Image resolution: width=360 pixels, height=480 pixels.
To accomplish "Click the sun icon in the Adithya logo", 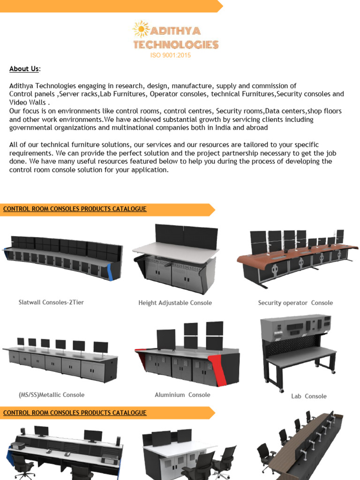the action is [x=141, y=29].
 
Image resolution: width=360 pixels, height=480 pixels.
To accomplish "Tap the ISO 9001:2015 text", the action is [x=170, y=55].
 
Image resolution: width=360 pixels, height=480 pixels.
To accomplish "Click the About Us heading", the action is [x=24, y=69].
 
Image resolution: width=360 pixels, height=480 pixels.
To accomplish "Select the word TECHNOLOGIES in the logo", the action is [x=176, y=45].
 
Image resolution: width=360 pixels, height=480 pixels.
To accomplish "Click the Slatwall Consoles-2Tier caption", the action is [x=51, y=302].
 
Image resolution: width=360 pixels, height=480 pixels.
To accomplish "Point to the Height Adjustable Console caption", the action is [x=175, y=303].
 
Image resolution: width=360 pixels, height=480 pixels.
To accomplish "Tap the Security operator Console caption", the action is [x=295, y=303].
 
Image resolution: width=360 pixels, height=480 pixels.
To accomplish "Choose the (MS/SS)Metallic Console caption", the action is [x=52, y=395].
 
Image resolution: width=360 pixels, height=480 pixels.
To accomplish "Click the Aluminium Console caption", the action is [x=182, y=395].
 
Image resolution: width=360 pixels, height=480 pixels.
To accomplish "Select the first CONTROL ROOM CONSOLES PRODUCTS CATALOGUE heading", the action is [x=75, y=209].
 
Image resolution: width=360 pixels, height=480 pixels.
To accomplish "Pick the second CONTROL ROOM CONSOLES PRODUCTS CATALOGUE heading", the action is [x=75, y=413].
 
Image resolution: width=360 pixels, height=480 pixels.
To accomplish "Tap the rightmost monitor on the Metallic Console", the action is [x=100, y=347].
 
